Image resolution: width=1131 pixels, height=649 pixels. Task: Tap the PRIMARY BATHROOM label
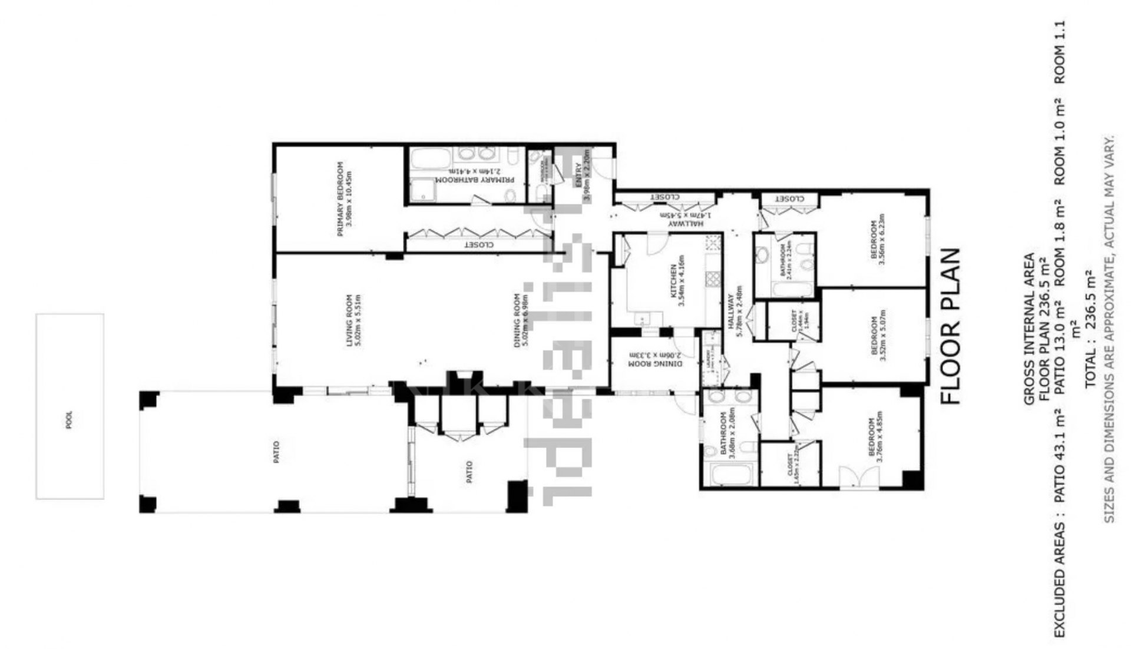coord(475,180)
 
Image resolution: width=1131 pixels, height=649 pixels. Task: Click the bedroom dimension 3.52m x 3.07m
coord(882,337)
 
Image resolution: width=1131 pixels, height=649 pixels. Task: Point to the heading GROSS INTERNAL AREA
coord(1029,329)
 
